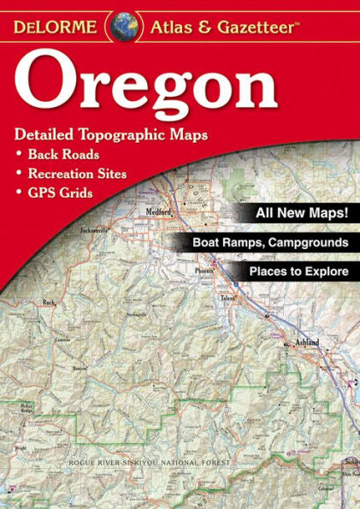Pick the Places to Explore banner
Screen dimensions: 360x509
coord(298,272)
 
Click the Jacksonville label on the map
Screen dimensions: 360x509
coord(93,231)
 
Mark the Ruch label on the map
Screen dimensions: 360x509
coord(48,302)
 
